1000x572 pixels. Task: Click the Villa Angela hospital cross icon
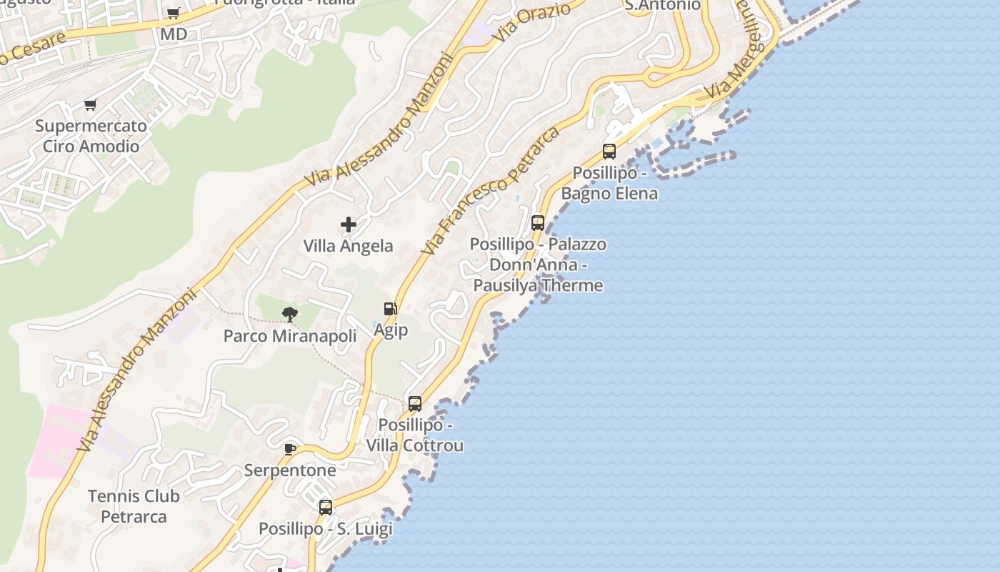click(x=349, y=225)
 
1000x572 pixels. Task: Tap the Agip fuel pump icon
click(x=391, y=309)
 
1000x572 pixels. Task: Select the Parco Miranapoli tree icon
click(x=289, y=313)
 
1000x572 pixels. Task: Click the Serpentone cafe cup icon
click(x=289, y=449)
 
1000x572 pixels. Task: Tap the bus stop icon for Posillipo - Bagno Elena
click(x=609, y=151)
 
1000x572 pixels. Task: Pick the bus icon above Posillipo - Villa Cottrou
click(x=414, y=403)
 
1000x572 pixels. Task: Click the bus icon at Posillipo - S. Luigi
click(x=326, y=507)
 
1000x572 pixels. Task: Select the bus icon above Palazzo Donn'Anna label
click(x=538, y=222)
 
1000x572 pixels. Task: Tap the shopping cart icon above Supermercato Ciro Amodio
click(x=91, y=105)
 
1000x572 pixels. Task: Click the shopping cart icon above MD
click(x=174, y=13)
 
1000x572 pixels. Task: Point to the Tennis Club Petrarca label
click(x=134, y=506)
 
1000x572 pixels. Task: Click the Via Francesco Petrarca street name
click(x=491, y=192)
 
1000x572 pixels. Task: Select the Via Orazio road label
click(x=531, y=21)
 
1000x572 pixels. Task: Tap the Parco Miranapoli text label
click(x=290, y=336)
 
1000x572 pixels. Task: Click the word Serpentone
click(x=290, y=470)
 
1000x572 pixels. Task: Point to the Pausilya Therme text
click(x=538, y=285)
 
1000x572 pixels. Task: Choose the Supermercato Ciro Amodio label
click(x=91, y=136)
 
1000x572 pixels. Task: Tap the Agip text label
click(x=391, y=330)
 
